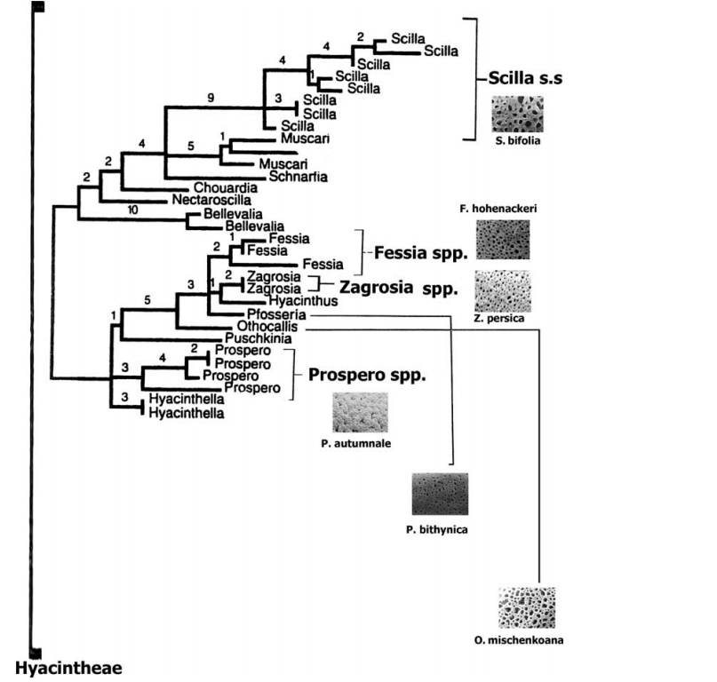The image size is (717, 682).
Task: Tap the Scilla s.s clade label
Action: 526,78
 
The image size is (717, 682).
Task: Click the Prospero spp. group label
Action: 366,375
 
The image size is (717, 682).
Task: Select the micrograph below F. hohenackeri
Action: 503,239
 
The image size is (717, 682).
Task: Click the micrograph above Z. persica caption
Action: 503,289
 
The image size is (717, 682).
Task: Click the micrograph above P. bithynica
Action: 440,495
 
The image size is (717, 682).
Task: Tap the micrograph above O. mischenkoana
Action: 527,607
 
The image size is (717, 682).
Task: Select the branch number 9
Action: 211,99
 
